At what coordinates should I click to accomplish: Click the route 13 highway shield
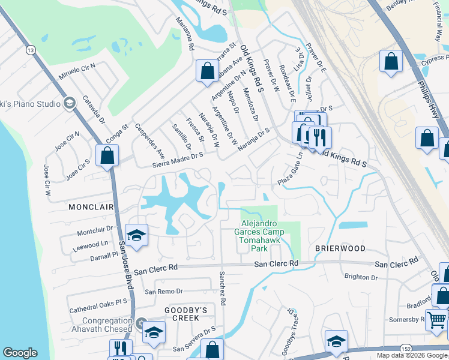point(30,50)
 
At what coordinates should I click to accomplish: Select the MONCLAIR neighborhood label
point(91,206)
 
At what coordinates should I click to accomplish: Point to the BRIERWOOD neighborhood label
point(340,248)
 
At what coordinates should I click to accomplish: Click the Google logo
point(19,353)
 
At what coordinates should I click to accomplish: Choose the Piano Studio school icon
point(70,103)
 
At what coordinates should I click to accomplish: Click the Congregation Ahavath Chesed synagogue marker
point(142,323)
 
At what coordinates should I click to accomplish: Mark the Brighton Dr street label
point(361,277)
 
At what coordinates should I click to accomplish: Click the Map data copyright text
point(412,355)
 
